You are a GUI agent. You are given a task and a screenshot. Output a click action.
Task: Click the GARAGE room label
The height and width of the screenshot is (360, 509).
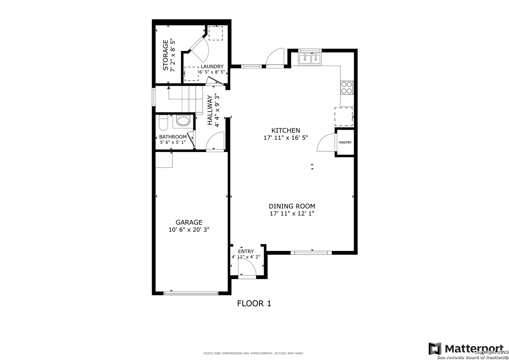pos(189,222)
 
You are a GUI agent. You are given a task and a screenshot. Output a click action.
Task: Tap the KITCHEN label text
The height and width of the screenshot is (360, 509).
pos(286,130)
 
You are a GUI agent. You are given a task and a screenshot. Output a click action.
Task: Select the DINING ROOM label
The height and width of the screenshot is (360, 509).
pos(292,206)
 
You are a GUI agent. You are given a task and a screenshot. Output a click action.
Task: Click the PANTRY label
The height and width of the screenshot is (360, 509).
pos(345,143)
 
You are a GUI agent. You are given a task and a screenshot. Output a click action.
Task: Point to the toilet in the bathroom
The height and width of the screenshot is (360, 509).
pos(163,123)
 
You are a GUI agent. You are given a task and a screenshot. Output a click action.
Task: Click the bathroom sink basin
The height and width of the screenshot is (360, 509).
pos(183,121)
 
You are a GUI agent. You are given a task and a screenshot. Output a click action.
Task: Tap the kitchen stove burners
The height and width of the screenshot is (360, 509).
pos(347,88)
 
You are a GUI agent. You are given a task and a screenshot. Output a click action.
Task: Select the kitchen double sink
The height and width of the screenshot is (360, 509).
pos(310,59)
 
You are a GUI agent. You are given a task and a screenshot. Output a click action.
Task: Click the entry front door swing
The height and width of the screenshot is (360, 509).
pos(247,267)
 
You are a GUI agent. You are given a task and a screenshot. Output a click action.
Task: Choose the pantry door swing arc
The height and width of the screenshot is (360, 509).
pos(326,143)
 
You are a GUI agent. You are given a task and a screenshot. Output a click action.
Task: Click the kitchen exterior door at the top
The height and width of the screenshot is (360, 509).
pos(275,58)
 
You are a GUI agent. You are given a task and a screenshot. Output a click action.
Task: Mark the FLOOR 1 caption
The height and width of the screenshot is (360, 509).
pos(254,303)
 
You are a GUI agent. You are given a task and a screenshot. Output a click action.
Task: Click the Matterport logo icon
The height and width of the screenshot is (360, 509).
pos(435,349)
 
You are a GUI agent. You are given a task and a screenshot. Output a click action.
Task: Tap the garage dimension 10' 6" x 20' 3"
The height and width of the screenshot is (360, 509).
pos(189,230)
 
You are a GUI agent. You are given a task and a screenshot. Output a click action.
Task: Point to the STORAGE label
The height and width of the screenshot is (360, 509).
pos(165,55)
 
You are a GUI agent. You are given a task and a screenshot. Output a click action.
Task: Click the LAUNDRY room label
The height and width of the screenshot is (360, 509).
pos(212,66)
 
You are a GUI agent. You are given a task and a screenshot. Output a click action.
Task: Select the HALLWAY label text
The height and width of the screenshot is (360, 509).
pos(210,110)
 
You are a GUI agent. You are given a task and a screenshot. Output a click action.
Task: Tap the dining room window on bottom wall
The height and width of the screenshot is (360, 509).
pos(311,253)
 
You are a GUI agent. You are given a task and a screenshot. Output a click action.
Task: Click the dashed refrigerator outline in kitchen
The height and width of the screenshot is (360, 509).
pos(344,117)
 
